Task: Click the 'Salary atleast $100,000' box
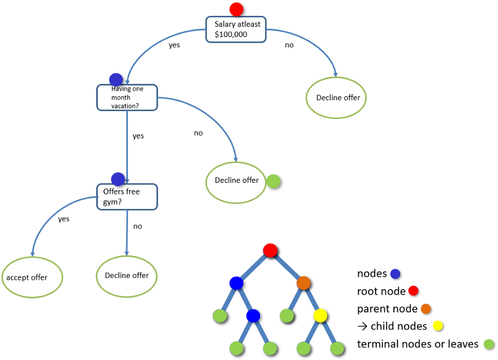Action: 236,29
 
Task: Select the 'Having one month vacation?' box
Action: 127,97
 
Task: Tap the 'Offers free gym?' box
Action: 126,197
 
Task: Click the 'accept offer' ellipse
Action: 32,277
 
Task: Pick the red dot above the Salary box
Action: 236,9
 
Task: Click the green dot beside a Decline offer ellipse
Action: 274,181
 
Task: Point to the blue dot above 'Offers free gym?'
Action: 118,179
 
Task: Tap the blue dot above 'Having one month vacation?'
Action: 116,80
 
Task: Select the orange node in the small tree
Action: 303,283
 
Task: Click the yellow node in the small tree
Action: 320,315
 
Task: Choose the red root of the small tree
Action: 270,250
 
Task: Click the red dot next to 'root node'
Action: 413,291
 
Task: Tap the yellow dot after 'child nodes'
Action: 438,326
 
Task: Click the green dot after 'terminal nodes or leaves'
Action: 488,344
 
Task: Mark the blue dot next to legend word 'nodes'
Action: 394,274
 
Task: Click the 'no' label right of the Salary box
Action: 289,45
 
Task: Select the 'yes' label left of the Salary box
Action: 174,45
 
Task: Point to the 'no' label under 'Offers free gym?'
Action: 138,226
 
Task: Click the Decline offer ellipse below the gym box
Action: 126,276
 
